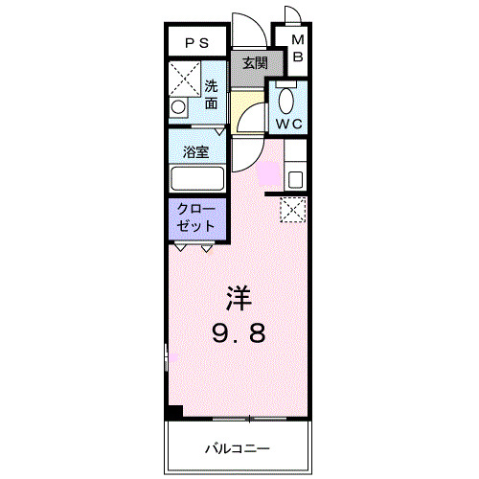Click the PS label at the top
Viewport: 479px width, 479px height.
click(x=196, y=42)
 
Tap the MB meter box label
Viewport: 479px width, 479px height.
click(x=297, y=49)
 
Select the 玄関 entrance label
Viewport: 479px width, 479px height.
click(x=254, y=64)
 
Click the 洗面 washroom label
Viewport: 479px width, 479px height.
click(x=212, y=94)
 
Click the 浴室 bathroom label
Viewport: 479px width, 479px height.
click(x=197, y=150)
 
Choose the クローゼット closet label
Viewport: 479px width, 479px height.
click(x=197, y=217)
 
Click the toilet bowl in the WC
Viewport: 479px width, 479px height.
click(x=285, y=100)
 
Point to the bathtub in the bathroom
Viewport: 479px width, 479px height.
click(x=196, y=178)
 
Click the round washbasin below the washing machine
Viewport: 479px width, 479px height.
click(x=177, y=107)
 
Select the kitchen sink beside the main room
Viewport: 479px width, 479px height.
click(x=295, y=178)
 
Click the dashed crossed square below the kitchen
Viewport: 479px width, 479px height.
click(x=292, y=209)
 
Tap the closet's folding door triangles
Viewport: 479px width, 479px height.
click(x=194, y=247)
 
